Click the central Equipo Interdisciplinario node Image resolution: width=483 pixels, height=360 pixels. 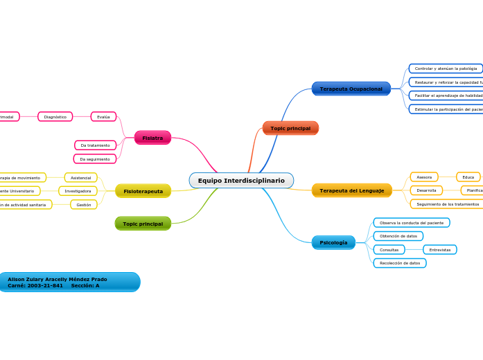tap(241, 181)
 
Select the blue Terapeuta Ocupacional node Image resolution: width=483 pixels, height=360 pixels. tap(351, 89)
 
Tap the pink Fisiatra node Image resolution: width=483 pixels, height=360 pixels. tap(152, 138)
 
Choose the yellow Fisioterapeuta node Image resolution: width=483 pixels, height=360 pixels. tap(143, 190)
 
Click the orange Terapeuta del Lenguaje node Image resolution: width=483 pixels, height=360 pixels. tap(351, 190)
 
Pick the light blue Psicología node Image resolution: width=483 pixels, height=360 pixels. tap(333, 242)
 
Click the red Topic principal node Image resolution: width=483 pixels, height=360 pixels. tap(290, 128)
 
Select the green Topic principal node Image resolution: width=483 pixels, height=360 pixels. tap(143, 224)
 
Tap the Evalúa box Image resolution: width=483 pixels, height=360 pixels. tap(103, 117)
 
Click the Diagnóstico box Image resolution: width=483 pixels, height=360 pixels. tap(55, 117)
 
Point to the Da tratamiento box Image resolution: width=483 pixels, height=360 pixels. tap(95, 145)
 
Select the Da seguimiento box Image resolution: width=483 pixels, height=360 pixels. tap(95, 159)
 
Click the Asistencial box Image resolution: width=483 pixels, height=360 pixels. tap(81, 178)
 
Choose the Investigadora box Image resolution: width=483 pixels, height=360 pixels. tap(78, 191)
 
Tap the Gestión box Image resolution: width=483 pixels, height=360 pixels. tap(84, 205)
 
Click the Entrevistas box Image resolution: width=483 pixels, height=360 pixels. tap(439, 250)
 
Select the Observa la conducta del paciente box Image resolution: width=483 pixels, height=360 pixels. tap(411, 223)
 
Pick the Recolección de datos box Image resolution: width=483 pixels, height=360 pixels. tap(399, 263)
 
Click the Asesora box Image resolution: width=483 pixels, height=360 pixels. tap(424, 177)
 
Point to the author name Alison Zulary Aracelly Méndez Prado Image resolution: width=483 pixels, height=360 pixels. tap(58, 279)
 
